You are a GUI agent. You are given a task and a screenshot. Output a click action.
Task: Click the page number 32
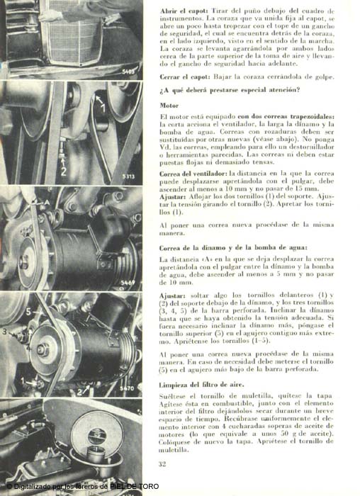[162, 464]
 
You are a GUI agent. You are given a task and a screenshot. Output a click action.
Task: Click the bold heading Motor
[169, 106]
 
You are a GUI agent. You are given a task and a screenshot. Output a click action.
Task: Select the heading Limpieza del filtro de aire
[201, 385]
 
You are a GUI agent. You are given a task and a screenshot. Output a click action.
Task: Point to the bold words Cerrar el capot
[185, 77]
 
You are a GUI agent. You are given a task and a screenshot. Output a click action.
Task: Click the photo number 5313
[128, 176]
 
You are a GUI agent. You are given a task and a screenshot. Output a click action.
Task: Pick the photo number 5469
[128, 283]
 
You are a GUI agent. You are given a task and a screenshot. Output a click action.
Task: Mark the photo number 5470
[127, 388]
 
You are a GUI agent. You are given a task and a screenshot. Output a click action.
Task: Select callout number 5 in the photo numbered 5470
[29, 312]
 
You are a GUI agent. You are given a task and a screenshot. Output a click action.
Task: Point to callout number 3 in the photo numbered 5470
[4, 332]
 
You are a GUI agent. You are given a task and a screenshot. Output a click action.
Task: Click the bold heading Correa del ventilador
[193, 174]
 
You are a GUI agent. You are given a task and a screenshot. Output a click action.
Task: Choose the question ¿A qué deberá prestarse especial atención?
[230, 90]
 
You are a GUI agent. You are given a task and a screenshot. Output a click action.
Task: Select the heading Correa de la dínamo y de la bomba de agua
[233, 248]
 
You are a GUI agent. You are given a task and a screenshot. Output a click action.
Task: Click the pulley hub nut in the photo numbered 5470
[43, 349]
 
